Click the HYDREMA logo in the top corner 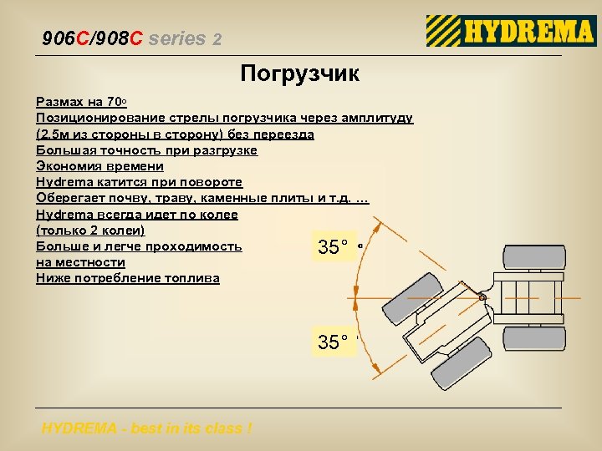511,32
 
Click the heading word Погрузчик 300,74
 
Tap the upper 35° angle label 333,247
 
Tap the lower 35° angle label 333,342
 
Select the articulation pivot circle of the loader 482,297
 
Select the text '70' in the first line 115,103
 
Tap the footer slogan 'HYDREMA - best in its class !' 146,428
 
